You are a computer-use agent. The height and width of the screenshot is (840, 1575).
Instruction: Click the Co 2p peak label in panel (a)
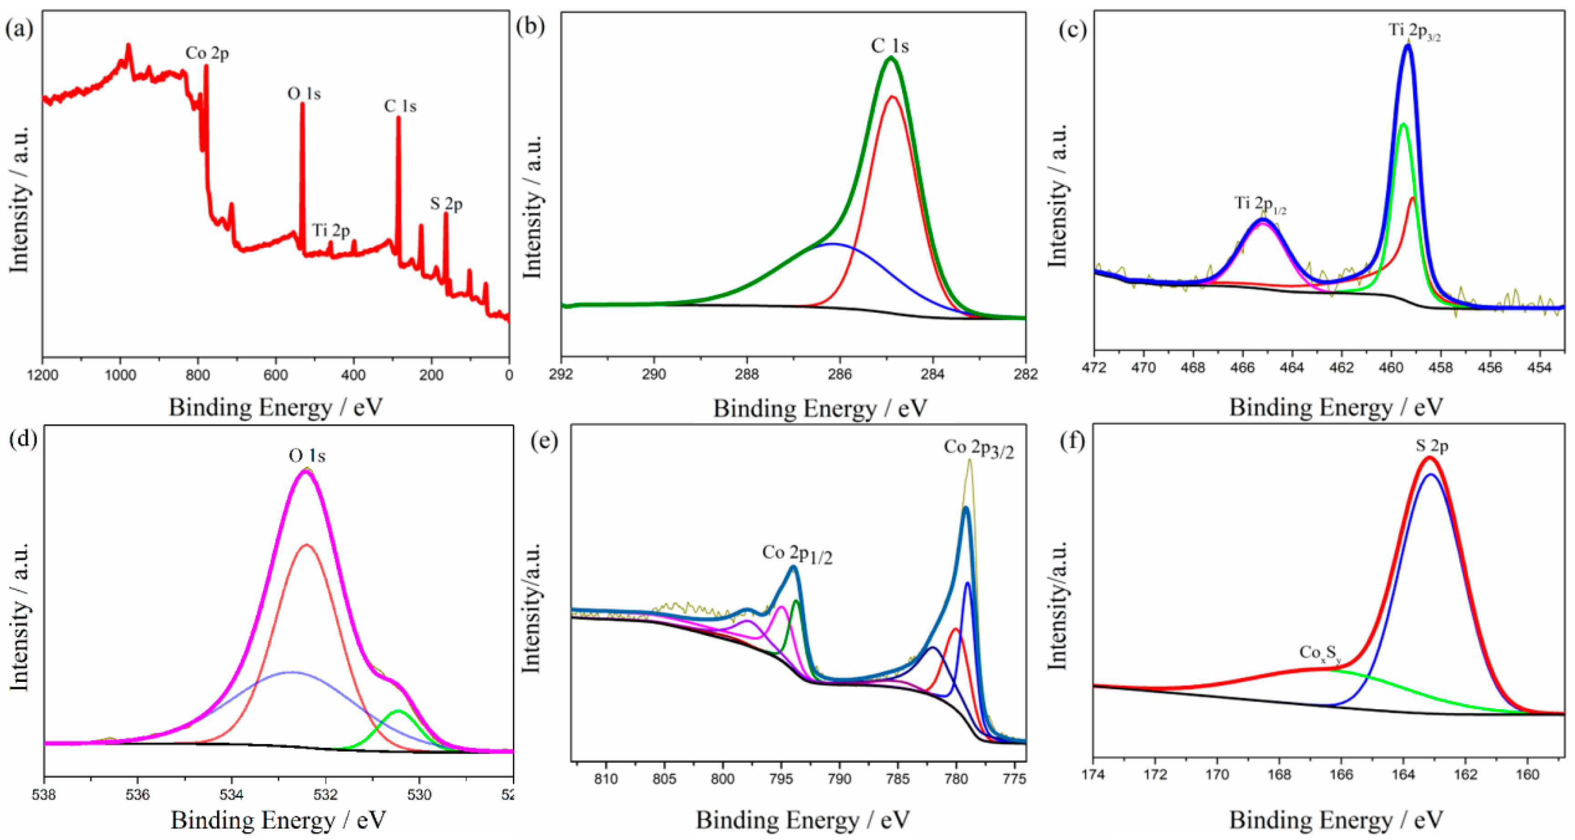point(207,54)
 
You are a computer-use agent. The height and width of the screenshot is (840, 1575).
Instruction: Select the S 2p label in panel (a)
point(446,204)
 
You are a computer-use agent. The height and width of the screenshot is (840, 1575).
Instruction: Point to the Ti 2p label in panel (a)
point(331,231)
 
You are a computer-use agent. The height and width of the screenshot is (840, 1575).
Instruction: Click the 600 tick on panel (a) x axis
point(276,374)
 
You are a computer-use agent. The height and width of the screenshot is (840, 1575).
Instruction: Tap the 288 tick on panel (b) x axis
point(747,374)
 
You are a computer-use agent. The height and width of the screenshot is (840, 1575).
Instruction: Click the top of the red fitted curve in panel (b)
point(892,97)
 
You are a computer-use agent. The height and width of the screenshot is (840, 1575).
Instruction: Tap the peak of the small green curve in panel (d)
point(398,711)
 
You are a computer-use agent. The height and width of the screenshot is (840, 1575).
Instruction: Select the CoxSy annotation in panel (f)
point(1320,654)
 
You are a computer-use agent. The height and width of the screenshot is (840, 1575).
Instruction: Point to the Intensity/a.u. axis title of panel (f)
point(1057,605)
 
